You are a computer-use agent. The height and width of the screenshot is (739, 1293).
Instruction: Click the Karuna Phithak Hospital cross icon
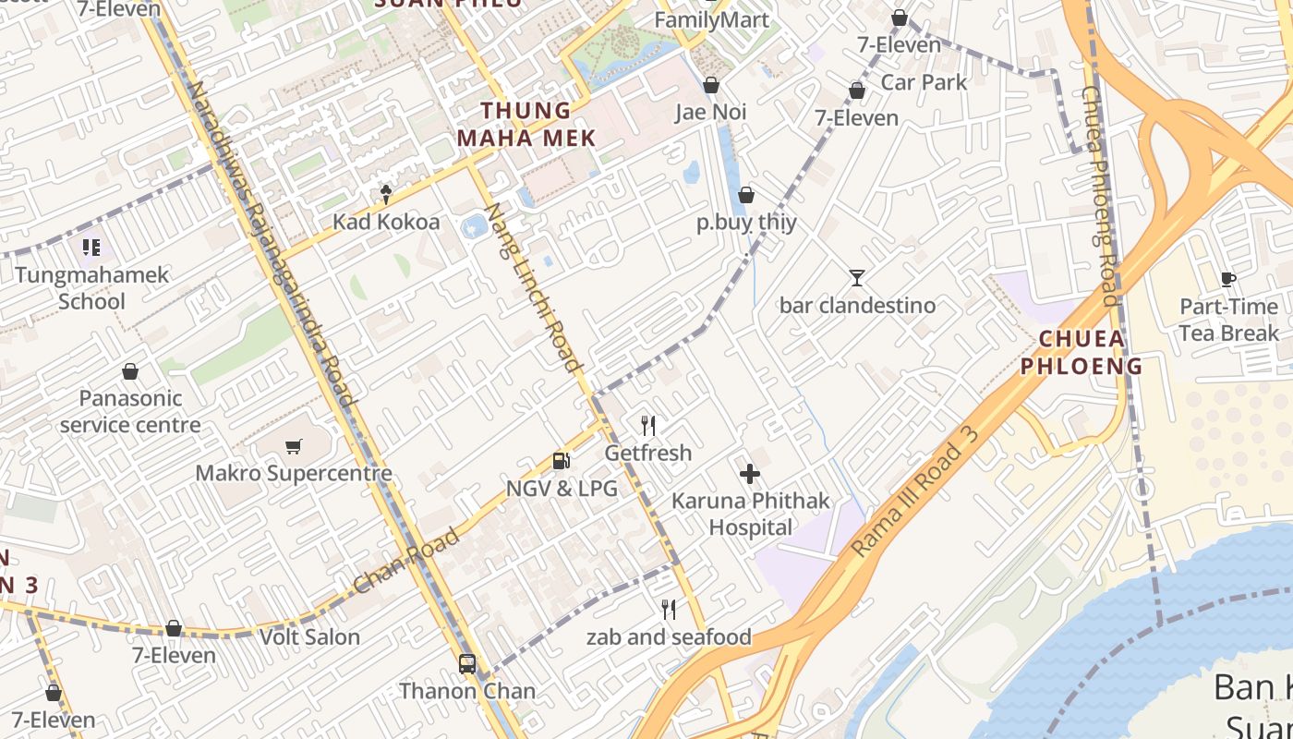click(750, 474)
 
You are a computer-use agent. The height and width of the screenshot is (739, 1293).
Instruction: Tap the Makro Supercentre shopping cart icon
click(294, 447)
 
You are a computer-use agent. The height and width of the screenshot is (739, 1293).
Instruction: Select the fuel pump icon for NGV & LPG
click(561, 461)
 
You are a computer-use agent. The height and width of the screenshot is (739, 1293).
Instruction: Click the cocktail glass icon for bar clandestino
click(857, 277)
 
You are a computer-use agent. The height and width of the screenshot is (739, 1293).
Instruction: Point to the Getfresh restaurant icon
click(648, 426)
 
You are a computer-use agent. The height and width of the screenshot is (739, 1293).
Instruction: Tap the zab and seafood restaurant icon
click(669, 610)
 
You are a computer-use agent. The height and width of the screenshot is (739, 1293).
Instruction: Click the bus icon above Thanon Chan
click(467, 663)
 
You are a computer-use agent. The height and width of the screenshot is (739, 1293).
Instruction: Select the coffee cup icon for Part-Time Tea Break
click(1227, 279)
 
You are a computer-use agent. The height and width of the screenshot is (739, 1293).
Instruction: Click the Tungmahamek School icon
click(91, 248)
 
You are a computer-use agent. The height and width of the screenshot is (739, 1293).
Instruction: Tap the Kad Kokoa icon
click(386, 194)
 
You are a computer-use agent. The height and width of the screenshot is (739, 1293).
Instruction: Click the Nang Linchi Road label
click(537, 287)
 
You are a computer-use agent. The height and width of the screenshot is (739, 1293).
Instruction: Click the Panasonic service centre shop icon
click(130, 372)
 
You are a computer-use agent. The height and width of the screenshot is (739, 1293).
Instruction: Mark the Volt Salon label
click(309, 636)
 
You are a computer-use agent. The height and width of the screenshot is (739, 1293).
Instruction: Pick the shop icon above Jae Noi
click(711, 86)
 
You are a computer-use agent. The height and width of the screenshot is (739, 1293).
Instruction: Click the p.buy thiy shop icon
click(746, 196)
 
